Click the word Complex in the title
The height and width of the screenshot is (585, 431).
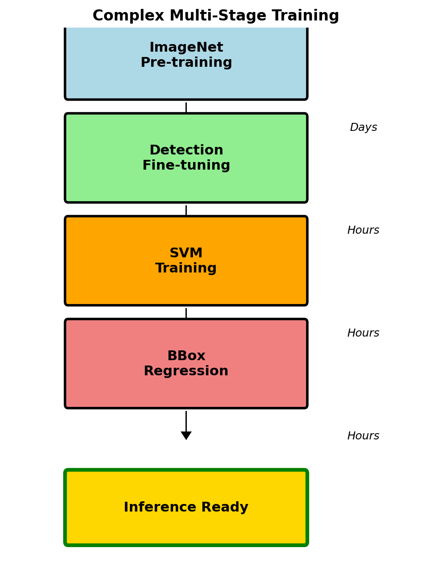pos(129,16)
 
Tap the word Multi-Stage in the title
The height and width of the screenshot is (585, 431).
pos(218,16)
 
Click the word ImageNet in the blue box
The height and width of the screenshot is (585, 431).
pos(186,48)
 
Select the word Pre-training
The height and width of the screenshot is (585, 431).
pos(186,63)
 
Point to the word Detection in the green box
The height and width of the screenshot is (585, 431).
pos(186,150)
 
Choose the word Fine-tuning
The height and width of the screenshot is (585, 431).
pos(186,166)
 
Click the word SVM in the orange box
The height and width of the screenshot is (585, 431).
pos(186,253)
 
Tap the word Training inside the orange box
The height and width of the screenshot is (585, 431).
pos(186,268)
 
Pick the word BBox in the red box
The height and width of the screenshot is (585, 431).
pos(186,356)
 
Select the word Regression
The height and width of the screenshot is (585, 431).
pos(186,371)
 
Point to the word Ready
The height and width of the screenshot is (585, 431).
pos(225,508)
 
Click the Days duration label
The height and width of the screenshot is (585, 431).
pos(363,128)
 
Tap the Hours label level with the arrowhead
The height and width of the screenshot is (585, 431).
pos(363,436)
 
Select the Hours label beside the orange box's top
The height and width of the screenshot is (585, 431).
pos(363,231)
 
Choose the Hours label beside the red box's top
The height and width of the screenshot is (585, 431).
pos(363,333)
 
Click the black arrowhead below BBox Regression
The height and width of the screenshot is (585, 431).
pos(186,435)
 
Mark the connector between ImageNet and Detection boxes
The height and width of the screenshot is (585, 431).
pos(186,107)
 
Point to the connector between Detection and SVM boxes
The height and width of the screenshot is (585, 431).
pos(186,210)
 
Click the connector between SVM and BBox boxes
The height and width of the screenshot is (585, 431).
pos(186,313)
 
